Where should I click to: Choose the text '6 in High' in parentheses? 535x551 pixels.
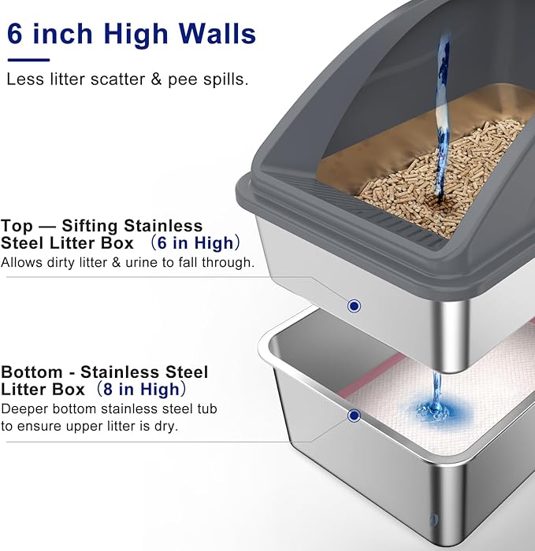[206, 242]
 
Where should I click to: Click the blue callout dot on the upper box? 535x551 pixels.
[355, 305]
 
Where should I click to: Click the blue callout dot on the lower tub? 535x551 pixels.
[355, 415]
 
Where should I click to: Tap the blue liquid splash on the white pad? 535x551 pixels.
[432, 408]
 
